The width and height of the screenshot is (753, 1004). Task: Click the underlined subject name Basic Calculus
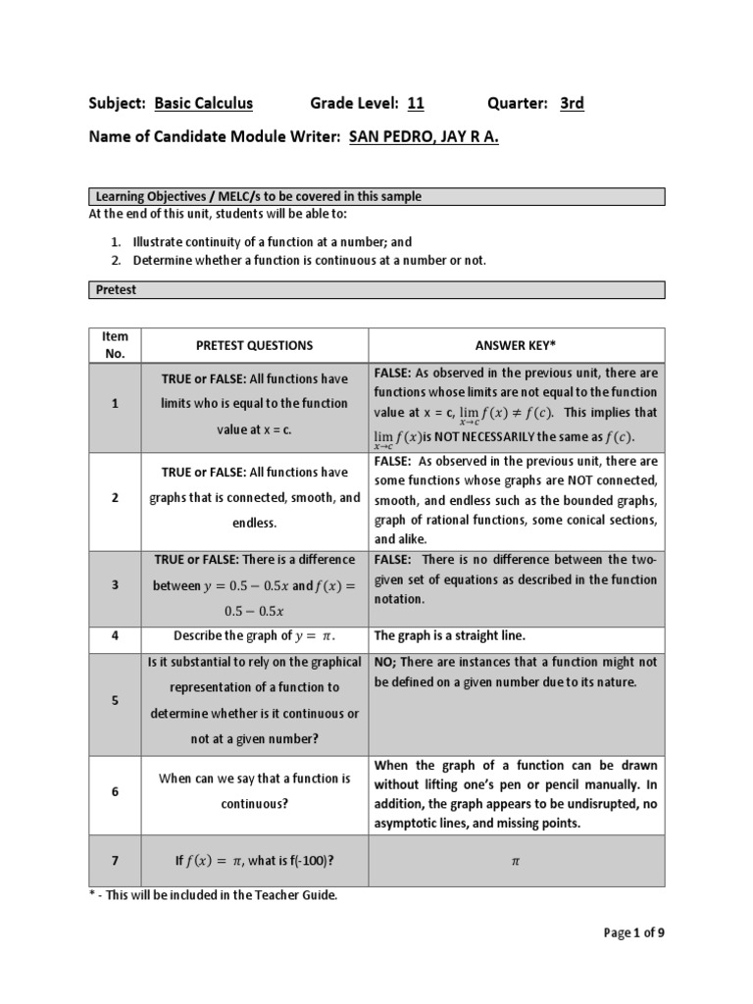203,103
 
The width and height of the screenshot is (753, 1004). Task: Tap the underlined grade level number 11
415,103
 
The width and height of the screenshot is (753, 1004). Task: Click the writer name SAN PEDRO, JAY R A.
424,138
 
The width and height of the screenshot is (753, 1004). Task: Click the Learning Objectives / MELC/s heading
259,196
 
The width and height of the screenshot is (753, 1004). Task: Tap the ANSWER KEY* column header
516,345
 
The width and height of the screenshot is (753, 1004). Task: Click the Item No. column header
115,345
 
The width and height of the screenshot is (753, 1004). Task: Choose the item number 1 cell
115,404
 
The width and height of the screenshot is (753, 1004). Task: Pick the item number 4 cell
115,635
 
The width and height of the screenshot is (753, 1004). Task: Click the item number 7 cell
115,861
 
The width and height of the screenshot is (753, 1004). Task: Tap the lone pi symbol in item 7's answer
516,861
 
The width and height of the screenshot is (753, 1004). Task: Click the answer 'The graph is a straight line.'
450,635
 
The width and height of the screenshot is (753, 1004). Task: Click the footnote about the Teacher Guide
213,896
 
